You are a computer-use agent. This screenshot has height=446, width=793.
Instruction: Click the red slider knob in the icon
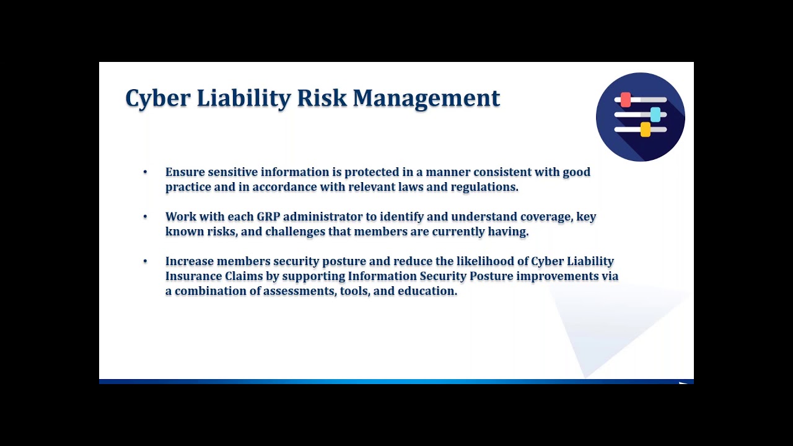coord(626,100)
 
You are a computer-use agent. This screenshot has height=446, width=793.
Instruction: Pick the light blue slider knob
coord(655,115)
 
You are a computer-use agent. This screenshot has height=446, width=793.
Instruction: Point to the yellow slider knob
coord(645,129)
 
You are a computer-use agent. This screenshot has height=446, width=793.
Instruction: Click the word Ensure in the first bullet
coord(185,172)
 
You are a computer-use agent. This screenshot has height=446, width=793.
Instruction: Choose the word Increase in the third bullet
coord(189,261)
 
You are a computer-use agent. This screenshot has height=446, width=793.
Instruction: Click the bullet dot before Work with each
coord(145,217)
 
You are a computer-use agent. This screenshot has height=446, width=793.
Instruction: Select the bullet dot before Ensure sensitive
coord(145,172)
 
